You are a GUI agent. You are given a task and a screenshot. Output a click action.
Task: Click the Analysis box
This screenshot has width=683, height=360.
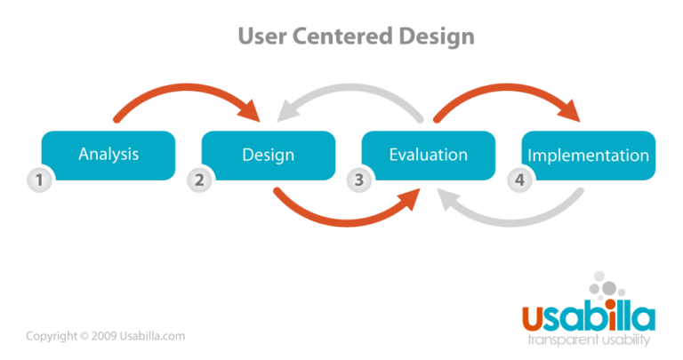[108, 155]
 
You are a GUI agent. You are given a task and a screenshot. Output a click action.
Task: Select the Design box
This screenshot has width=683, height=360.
[269, 155]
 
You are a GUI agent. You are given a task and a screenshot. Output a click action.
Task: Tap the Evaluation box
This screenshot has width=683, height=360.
[428, 155]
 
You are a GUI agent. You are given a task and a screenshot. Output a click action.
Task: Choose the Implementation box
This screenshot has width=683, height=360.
[588, 155]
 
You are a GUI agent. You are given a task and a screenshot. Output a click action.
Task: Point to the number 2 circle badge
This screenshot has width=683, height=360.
[198, 180]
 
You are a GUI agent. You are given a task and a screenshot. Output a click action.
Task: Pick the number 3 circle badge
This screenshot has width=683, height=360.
[358, 180]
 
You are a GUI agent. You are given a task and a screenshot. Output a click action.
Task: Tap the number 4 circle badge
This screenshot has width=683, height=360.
[518, 180]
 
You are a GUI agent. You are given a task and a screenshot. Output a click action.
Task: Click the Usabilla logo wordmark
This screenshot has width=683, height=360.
[588, 316]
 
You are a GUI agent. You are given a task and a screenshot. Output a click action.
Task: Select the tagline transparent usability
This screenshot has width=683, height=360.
[589, 340]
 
